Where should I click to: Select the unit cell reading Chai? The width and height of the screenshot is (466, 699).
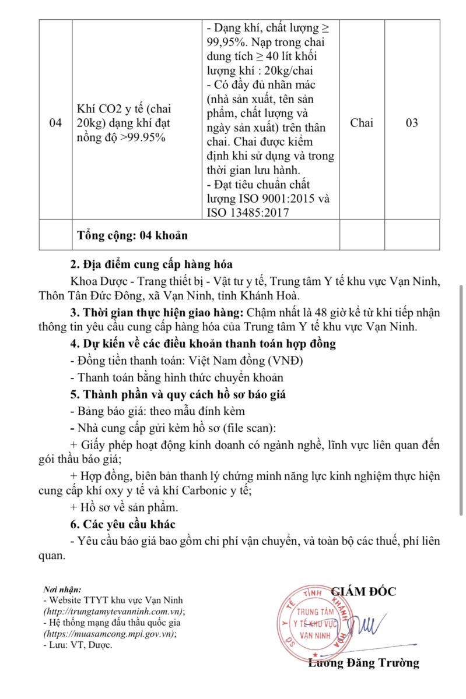tap(362, 123)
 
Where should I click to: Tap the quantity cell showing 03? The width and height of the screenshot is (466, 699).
tap(412, 123)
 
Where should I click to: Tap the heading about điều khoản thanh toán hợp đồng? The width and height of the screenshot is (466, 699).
tap(202, 344)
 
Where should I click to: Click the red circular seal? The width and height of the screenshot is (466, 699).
tap(314, 622)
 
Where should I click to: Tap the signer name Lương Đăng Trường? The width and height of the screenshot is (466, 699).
tap(363, 663)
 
